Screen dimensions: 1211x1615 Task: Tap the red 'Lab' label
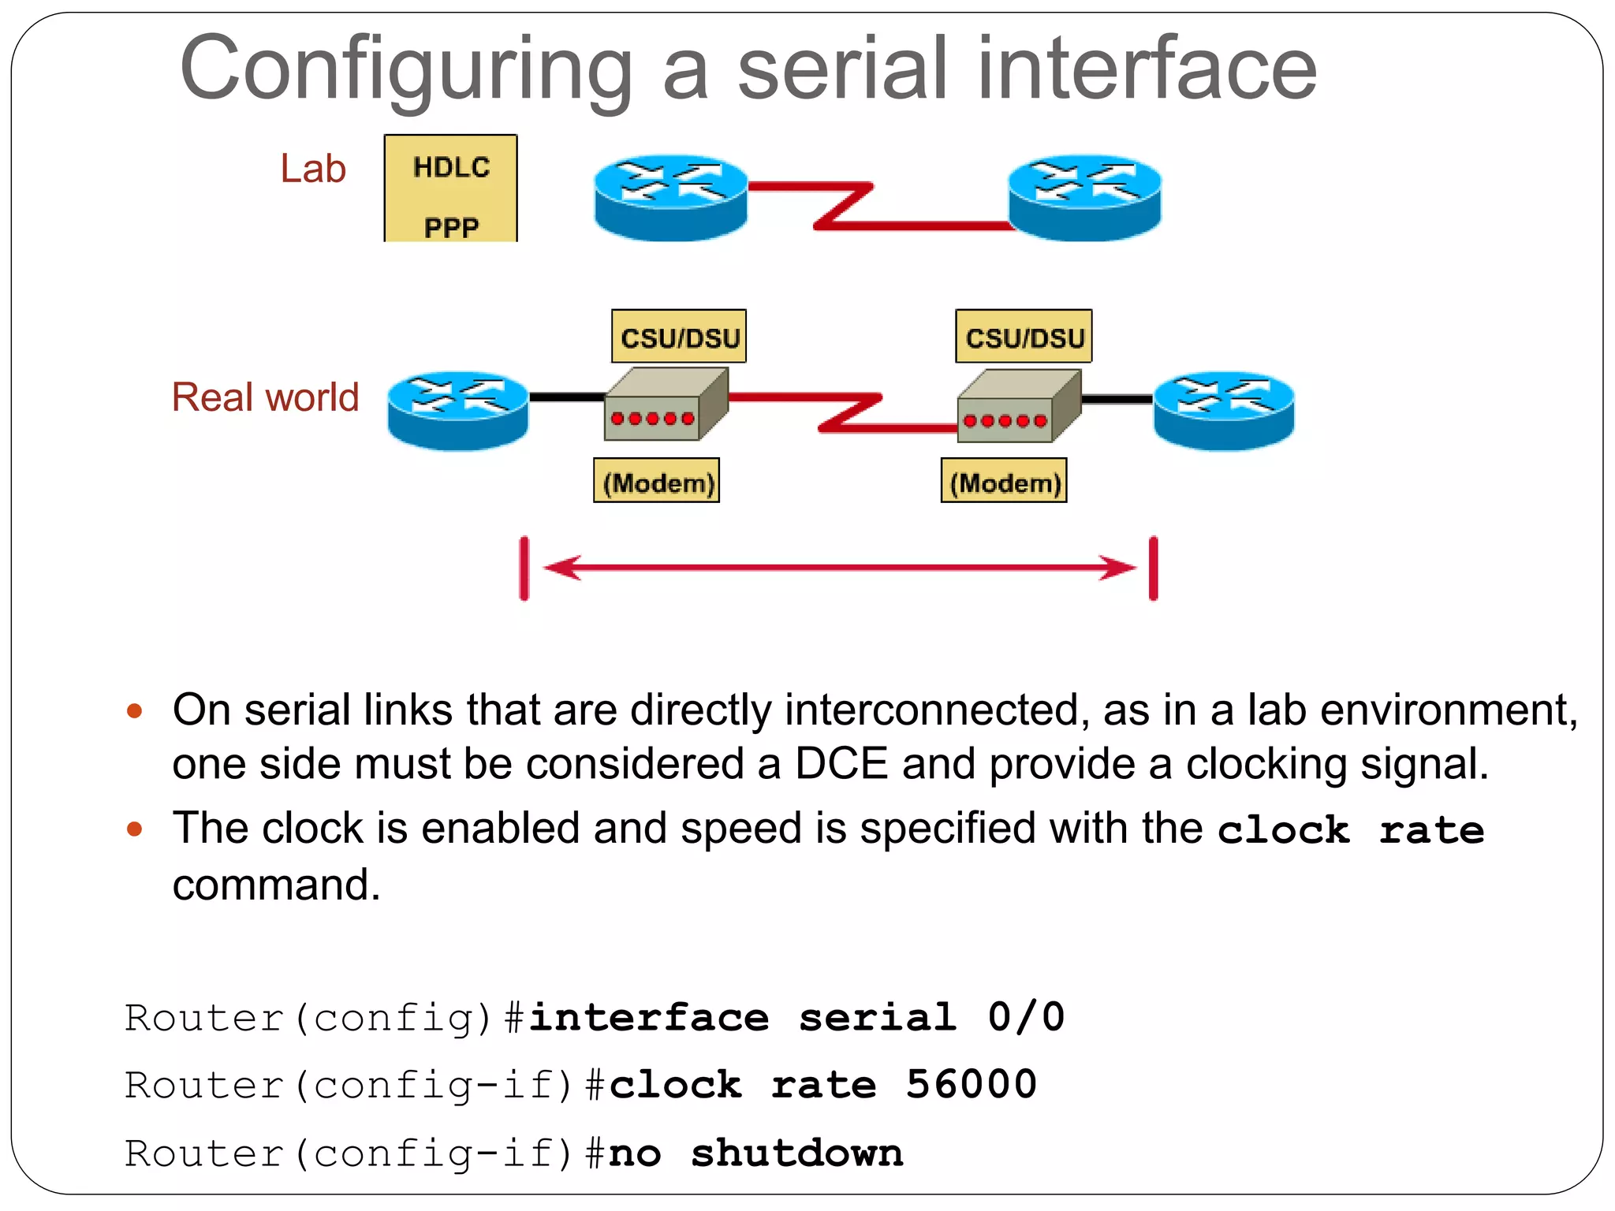tap(313, 169)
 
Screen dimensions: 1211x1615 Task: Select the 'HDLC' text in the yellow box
tap(451, 167)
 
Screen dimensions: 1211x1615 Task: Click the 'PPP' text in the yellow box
tap(451, 228)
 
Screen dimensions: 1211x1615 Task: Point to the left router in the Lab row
tap(670, 197)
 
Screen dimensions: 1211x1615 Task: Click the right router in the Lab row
tap(1085, 197)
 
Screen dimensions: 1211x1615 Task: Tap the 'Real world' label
tap(266, 397)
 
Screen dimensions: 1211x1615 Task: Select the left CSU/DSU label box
tap(679, 337)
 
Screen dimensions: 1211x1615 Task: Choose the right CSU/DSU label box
tap(1024, 337)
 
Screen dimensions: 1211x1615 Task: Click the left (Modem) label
tap(657, 482)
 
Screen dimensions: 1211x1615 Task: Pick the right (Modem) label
tap(1004, 482)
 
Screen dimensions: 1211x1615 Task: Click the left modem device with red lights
tap(664, 405)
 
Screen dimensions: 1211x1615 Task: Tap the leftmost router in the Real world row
tap(457, 410)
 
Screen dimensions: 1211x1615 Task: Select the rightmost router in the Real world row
tap(1223, 410)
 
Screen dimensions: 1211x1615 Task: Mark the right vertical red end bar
tap(1153, 568)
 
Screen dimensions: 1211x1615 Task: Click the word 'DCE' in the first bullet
tap(841, 763)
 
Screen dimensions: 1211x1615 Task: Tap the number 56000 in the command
tap(971, 1084)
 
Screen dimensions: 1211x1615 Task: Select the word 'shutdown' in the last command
tap(796, 1153)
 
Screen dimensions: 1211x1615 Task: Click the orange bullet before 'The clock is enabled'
tap(135, 829)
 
